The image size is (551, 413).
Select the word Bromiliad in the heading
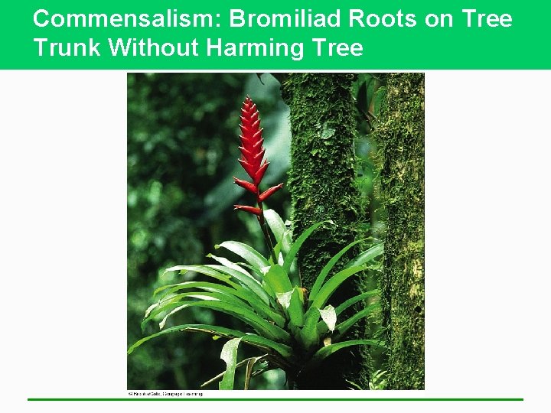click(269, 19)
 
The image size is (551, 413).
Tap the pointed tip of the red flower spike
click(247, 99)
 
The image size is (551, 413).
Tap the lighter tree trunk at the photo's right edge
click(403, 191)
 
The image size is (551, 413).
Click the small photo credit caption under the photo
click(165, 394)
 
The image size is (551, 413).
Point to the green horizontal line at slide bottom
click(275, 399)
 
